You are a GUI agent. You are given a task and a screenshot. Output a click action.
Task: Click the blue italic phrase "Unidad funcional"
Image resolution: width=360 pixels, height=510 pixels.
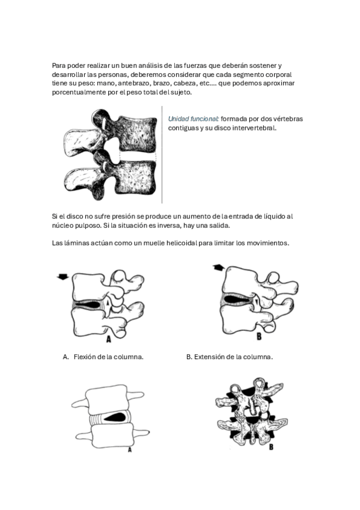193,118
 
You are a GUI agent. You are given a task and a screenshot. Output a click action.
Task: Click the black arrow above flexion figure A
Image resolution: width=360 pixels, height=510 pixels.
63,277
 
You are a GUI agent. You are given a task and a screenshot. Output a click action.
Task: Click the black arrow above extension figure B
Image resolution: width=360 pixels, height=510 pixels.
219,268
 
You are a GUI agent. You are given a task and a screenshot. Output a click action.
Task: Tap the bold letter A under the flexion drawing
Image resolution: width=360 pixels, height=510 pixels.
109,339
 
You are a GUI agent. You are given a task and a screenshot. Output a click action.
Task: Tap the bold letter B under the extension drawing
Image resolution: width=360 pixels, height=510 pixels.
259,336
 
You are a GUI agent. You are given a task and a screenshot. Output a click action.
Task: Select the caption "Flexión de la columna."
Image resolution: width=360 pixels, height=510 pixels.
109,357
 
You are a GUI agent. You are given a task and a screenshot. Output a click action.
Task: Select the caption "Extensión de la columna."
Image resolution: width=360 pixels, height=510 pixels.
233,357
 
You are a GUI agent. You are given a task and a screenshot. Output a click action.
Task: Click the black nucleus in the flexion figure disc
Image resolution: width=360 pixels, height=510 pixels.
90,304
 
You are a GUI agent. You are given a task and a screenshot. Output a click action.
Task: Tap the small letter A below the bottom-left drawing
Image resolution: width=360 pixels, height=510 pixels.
130,450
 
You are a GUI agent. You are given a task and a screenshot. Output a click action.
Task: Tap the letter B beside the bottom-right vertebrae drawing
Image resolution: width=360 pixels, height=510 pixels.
271,447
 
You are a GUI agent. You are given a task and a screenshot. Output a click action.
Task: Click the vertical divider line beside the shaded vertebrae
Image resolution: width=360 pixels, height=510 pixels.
162,155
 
